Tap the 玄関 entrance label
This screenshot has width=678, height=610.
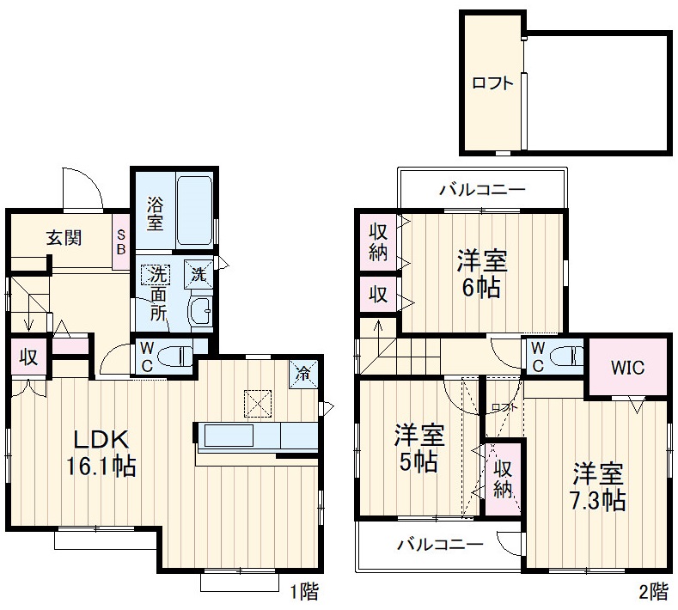pyautogui.click(x=64, y=238)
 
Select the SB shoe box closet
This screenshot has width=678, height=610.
pyautogui.click(x=121, y=241)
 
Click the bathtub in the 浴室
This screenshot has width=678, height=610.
pyautogui.click(x=195, y=211)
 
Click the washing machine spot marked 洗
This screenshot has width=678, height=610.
pyautogui.click(x=198, y=276)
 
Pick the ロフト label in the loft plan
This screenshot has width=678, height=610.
pyautogui.click(x=492, y=83)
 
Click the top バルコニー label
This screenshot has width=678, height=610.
pyautogui.click(x=482, y=189)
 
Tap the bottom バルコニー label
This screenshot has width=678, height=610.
pyautogui.click(x=439, y=544)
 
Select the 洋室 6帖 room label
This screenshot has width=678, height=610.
pyautogui.click(x=481, y=273)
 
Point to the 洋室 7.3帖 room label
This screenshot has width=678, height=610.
pyautogui.click(x=598, y=486)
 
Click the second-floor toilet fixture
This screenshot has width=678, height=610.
pyautogui.click(x=563, y=357)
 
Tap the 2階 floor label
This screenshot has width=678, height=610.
pyautogui.click(x=651, y=591)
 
